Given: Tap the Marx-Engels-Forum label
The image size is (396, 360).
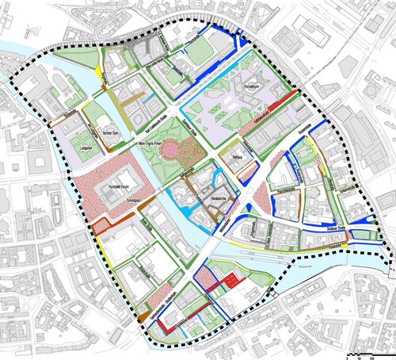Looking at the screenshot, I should point(158,144).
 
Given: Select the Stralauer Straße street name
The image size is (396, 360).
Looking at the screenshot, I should point(327,234).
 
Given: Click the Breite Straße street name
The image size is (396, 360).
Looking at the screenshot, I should point(147,231).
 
